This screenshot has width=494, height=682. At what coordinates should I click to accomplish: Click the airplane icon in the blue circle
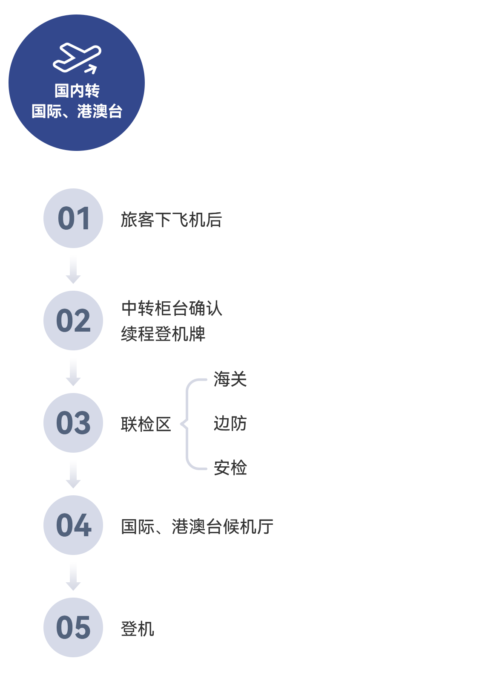(x=77, y=58)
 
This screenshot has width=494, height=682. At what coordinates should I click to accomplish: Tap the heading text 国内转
(x=77, y=90)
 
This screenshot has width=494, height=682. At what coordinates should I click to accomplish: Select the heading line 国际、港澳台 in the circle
(x=77, y=111)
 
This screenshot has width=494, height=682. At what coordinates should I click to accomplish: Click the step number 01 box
(x=73, y=218)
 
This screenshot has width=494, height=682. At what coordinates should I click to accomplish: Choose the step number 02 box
(x=73, y=321)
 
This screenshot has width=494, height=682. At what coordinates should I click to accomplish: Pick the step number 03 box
(x=73, y=423)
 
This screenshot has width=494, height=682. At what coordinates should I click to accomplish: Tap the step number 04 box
(x=73, y=525)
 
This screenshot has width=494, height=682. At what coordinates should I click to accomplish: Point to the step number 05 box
(x=73, y=627)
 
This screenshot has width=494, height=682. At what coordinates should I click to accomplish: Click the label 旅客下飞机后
(x=171, y=220)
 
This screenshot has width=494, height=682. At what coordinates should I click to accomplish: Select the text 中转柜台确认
(x=172, y=308)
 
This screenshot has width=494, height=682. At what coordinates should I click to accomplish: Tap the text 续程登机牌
(x=164, y=333)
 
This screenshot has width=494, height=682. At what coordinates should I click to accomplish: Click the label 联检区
(x=146, y=424)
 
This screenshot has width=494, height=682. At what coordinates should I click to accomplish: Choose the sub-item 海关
(x=230, y=379)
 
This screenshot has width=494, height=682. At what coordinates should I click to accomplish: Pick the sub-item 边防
(x=230, y=424)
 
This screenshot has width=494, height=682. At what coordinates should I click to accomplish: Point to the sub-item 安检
(x=230, y=468)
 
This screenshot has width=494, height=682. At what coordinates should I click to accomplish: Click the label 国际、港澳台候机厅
(x=197, y=526)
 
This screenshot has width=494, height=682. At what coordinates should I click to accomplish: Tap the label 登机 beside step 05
(x=138, y=629)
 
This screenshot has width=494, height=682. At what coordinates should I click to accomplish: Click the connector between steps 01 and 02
(x=73, y=269)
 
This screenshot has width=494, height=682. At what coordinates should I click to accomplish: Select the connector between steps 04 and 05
(x=73, y=576)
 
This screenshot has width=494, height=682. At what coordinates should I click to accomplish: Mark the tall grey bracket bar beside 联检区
(x=193, y=424)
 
